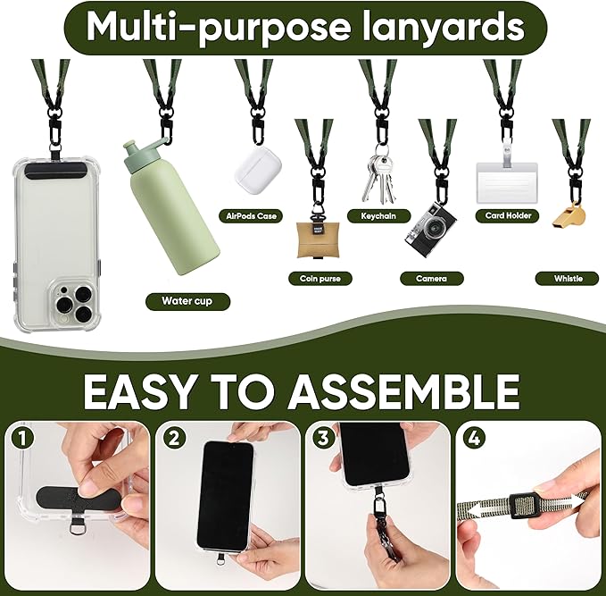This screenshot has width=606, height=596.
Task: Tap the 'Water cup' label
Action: (187, 301)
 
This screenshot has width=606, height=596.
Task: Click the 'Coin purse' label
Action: (320, 278)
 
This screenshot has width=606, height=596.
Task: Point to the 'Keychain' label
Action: (378, 215)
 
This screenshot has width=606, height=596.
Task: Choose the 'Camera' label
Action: (431, 278)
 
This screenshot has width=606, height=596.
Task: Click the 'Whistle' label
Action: (568, 278)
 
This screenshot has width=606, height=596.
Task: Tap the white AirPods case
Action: (259, 166)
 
